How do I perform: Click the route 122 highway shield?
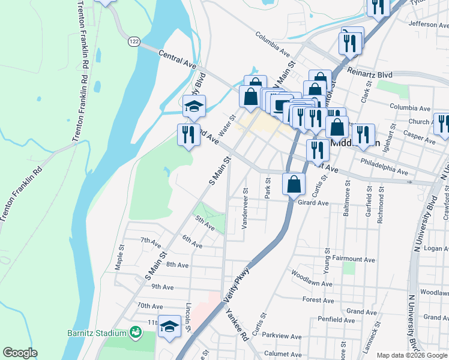tap(133, 41)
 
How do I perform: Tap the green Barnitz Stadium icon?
tap(136, 333)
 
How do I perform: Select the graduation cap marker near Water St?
tap(194, 106)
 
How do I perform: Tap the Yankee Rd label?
tap(237, 325)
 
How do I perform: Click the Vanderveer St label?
tap(245, 208)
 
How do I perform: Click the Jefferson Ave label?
tap(428, 25)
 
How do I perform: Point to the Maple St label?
tap(120, 256)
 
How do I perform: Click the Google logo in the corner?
tap(20, 353)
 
